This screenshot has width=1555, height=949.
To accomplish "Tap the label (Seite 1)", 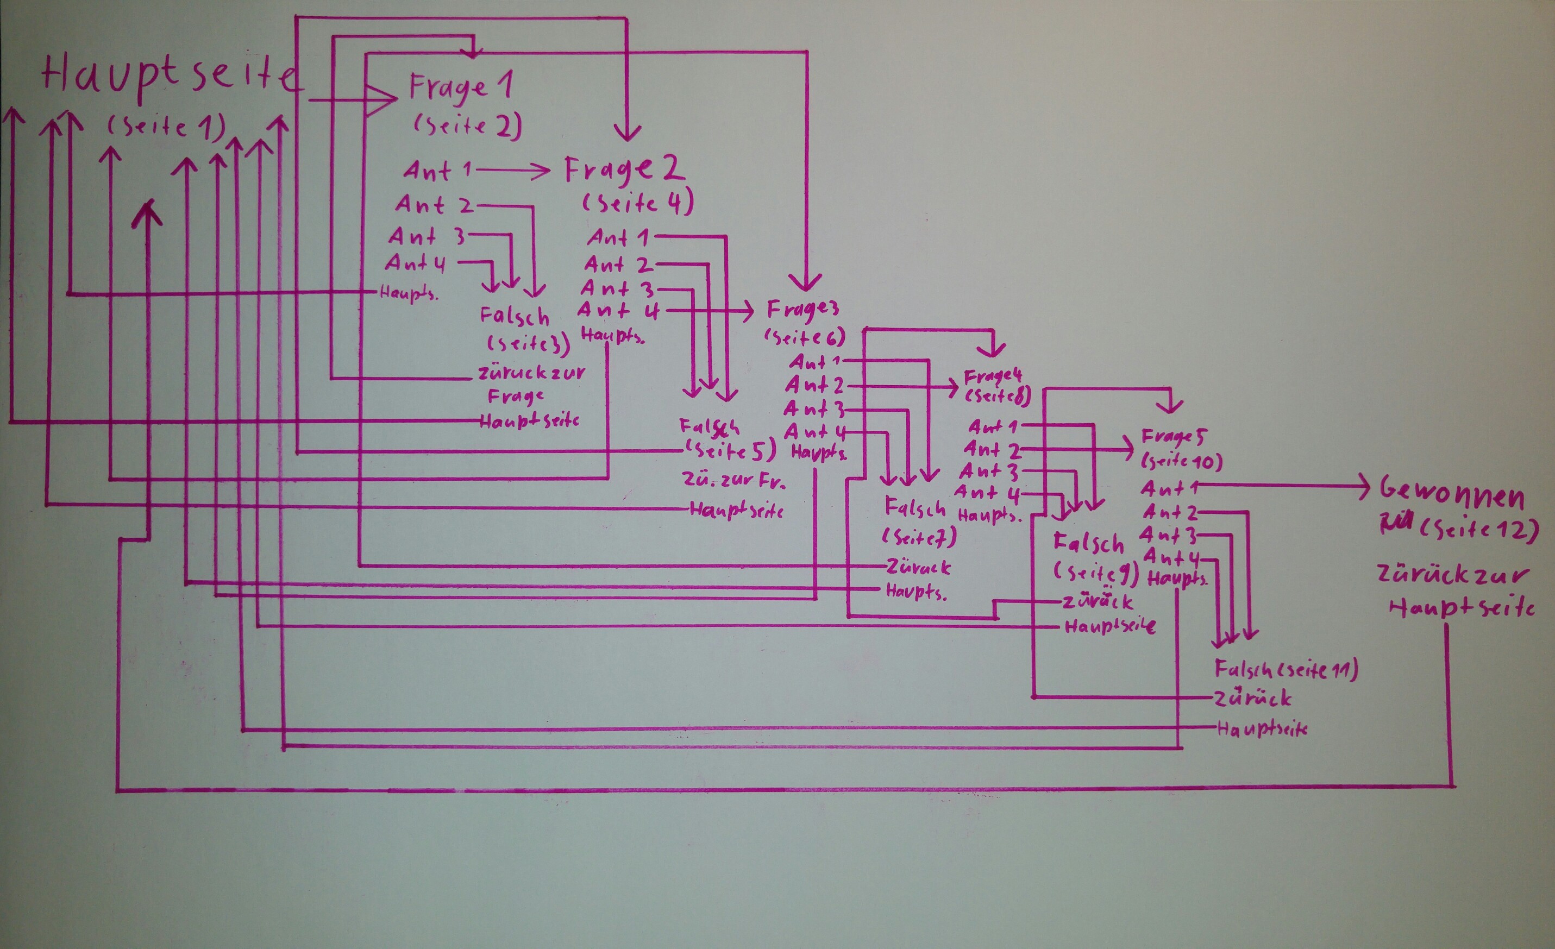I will tap(165, 126).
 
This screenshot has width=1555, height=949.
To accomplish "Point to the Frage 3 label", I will tap(802, 309).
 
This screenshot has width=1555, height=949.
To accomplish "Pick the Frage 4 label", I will tap(993, 376).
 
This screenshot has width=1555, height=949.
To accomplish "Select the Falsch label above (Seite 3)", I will tap(515, 316).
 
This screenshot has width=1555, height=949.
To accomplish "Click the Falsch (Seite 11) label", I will tap(1286, 669).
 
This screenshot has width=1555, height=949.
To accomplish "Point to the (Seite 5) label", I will tap(729, 450).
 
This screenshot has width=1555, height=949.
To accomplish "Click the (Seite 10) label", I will tap(1181, 461).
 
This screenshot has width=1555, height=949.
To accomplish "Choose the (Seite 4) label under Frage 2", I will tap(637, 203).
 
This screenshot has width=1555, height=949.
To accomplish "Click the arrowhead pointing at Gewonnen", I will tap(1363, 488).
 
